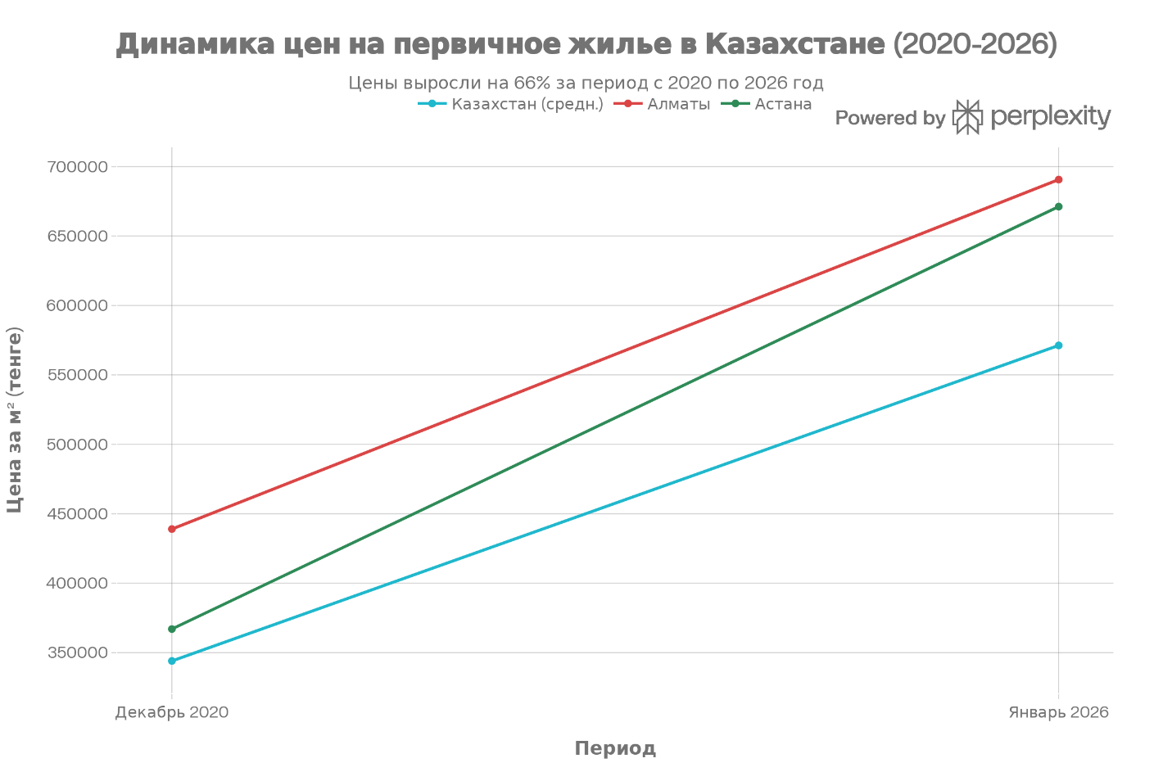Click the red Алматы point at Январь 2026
pos(1058,179)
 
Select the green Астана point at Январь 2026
pos(1058,206)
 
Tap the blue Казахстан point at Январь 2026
pos(1058,345)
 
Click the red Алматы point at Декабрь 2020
pos(172,529)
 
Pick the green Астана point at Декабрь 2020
pos(172,629)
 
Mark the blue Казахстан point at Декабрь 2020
pos(172,661)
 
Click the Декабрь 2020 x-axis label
pos(172,712)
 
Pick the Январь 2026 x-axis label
pos(1058,712)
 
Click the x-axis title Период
pos(615,748)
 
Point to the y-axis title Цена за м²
pos(15,419)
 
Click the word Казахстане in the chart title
pos(794,43)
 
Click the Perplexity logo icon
pos(967,117)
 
